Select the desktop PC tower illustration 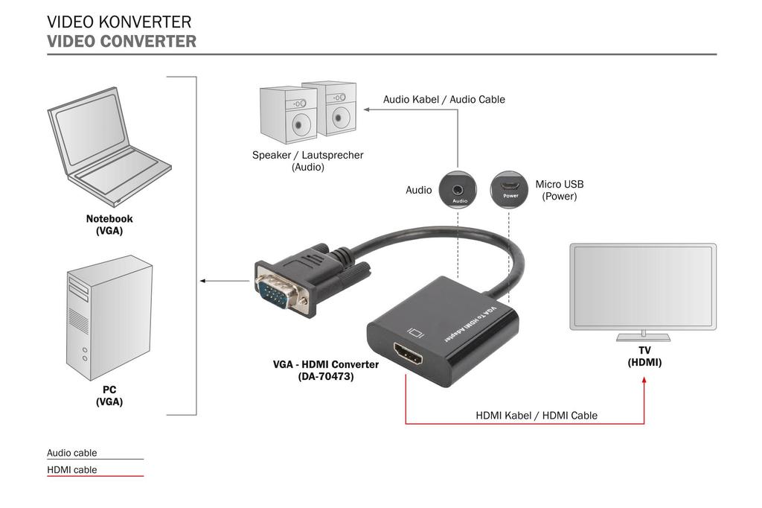109,317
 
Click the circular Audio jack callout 457,190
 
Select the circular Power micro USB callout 509,190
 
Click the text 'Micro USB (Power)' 560,190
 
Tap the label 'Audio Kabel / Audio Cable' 444,99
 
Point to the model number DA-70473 326,377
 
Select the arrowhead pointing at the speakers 366,109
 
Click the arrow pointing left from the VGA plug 204,281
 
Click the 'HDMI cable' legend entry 72,469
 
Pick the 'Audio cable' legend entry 72,452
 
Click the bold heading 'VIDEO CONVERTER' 121,42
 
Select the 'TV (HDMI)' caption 644,356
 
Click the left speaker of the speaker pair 289,115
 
